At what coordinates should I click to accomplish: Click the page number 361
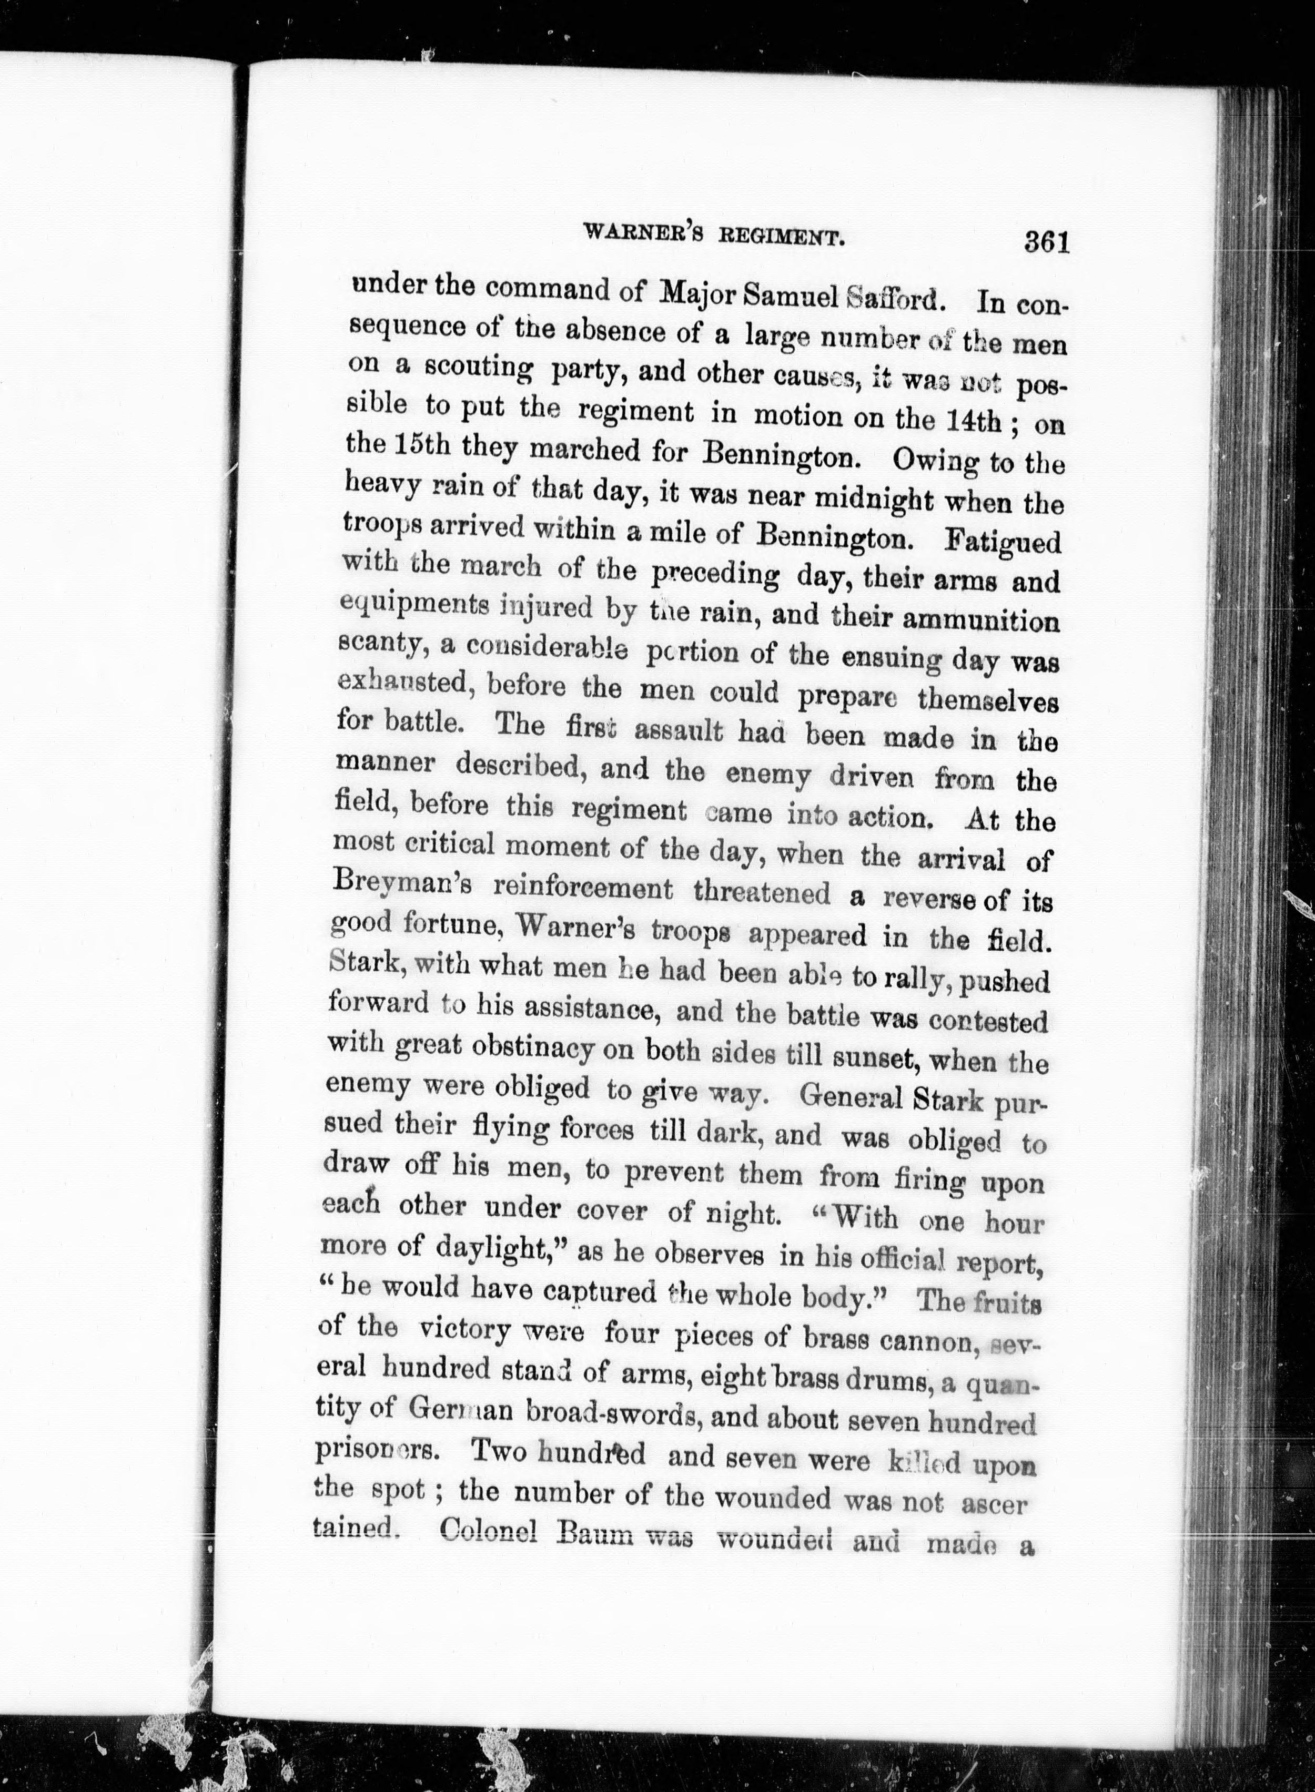tap(1045, 241)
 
